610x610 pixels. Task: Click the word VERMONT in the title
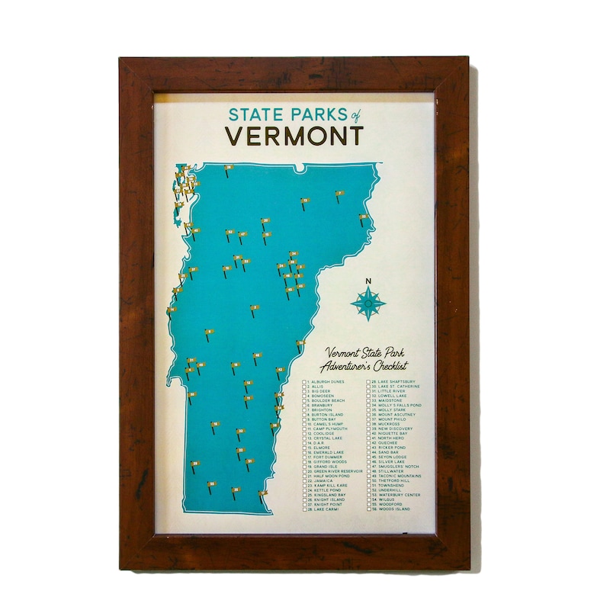pyautogui.click(x=294, y=136)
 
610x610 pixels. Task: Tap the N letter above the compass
pyautogui.click(x=368, y=281)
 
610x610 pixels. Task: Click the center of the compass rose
pyautogui.click(x=368, y=303)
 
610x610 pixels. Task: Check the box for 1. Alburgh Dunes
pyautogui.click(x=304, y=380)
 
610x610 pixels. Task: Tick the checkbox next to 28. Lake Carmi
pyautogui.click(x=304, y=509)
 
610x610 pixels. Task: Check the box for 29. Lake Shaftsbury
pyautogui.click(x=369, y=380)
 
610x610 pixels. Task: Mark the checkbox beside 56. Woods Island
pyautogui.click(x=369, y=509)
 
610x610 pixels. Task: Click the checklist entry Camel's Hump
pyautogui.click(x=328, y=424)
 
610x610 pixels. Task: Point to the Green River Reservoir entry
pyautogui.click(x=336, y=471)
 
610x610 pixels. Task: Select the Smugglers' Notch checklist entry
pyautogui.click(x=396, y=467)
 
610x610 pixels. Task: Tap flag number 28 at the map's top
pyautogui.click(x=228, y=167)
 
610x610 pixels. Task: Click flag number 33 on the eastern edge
pyautogui.click(x=364, y=217)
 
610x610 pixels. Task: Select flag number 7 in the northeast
pyautogui.click(x=339, y=194)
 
